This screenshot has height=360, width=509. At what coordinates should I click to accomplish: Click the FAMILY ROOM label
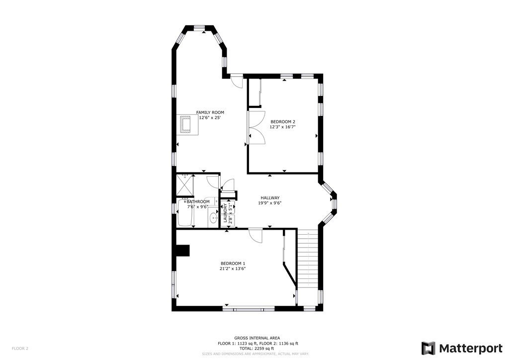[x=210, y=113]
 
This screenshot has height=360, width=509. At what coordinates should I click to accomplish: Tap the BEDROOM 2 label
[x=283, y=122]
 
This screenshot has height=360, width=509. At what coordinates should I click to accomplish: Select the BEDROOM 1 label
[x=233, y=264]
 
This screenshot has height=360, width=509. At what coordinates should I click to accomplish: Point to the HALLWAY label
[x=270, y=198]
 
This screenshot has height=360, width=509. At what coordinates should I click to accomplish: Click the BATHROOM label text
[x=198, y=202]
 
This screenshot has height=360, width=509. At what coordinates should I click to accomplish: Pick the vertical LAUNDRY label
[x=225, y=213]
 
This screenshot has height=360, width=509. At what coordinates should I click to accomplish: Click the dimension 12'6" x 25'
[x=210, y=118]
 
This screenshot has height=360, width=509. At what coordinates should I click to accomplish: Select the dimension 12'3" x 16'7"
[x=283, y=127]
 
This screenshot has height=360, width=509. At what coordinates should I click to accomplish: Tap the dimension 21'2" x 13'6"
[x=233, y=269]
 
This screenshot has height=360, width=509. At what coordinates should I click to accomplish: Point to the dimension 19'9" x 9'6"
[x=270, y=203]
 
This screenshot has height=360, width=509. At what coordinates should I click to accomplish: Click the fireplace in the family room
[x=187, y=124]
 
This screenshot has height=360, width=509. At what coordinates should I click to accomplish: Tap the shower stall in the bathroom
[x=185, y=185]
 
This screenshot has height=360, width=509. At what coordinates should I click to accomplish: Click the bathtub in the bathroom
[x=186, y=213]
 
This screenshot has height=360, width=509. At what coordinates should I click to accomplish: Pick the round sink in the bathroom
[x=214, y=218]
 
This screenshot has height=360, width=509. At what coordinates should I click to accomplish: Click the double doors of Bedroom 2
[x=256, y=128]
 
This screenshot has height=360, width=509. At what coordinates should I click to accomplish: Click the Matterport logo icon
[x=428, y=348]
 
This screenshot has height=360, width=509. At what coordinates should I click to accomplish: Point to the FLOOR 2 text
[x=20, y=349]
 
